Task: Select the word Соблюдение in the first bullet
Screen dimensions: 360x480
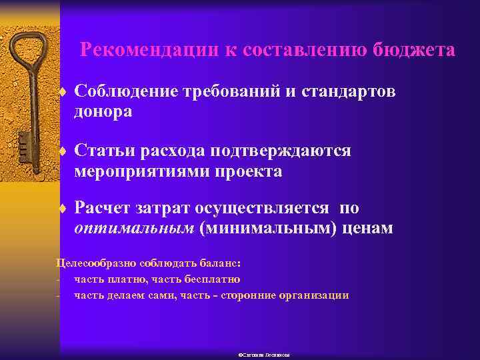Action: (x=125, y=91)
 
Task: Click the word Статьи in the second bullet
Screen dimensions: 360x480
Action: (x=103, y=151)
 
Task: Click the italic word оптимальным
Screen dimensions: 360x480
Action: (x=134, y=229)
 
